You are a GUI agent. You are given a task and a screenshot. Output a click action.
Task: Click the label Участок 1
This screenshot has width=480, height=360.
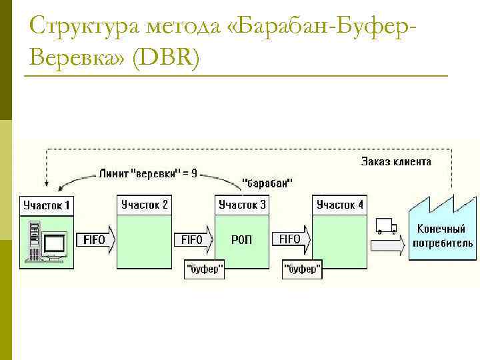47,205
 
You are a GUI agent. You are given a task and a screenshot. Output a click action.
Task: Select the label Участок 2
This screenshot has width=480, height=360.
144,205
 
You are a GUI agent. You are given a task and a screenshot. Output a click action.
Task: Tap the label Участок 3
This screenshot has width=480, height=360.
242,205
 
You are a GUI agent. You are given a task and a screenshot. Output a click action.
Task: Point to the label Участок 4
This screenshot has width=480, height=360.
340,205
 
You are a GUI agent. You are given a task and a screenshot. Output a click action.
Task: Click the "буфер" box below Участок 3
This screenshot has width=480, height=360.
204,270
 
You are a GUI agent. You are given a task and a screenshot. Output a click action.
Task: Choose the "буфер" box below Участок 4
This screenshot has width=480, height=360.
302,270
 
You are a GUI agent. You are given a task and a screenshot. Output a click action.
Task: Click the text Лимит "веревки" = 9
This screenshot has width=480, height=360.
147,173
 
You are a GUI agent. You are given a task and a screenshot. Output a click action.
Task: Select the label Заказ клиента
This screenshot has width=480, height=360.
396,161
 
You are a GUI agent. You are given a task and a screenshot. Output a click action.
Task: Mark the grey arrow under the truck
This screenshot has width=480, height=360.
387,245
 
